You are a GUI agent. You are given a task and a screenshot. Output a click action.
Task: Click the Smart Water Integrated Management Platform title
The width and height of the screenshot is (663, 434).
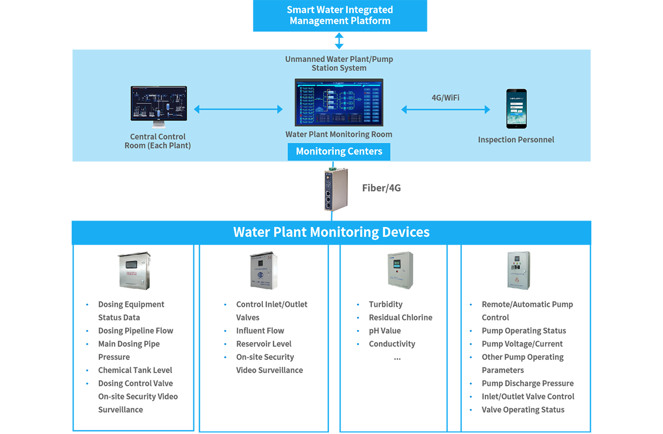[x=340, y=15]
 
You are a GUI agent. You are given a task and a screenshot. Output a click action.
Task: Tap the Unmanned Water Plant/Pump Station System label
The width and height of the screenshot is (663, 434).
[x=339, y=63]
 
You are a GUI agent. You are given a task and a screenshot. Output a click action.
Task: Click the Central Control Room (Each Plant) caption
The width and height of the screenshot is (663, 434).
[x=158, y=141]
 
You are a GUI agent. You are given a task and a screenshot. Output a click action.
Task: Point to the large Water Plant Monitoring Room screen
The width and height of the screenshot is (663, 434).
[x=339, y=102]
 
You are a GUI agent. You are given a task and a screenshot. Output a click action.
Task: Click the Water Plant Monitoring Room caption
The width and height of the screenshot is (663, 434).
[x=339, y=134]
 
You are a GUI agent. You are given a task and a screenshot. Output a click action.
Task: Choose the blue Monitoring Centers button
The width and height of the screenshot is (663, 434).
[x=339, y=151]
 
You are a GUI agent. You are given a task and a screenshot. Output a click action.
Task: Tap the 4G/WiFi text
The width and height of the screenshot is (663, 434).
[x=446, y=98]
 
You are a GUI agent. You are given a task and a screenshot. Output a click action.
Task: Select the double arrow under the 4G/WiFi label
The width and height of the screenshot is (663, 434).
[x=446, y=110]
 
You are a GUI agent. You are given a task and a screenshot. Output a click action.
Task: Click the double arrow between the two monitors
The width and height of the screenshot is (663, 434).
[x=238, y=109]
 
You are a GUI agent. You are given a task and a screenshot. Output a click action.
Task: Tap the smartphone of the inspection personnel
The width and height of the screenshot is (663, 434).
[x=516, y=108]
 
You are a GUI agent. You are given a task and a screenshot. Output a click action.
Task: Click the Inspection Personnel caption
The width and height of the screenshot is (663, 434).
[x=516, y=140]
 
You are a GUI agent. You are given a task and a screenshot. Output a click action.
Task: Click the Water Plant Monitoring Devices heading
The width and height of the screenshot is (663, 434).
[x=332, y=232]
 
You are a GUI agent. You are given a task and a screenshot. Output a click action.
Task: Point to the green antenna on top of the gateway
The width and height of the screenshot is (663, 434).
[x=333, y=167]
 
